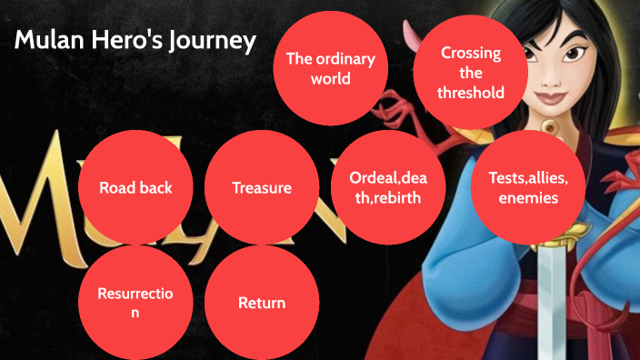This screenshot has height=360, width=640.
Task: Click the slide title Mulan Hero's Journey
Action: tap(135, 42)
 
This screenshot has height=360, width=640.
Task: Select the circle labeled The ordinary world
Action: tap(330, 69)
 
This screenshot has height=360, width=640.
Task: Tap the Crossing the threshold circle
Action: tap(470, 73)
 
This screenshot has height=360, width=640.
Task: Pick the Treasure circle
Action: tap(262, 188)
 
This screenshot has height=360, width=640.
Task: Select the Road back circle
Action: tap(135, 188)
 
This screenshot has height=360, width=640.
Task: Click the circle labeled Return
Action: tap(262, 303)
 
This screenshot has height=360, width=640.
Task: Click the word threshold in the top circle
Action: tap(470, 92)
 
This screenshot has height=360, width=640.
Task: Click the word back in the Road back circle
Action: tap(155, 188)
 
